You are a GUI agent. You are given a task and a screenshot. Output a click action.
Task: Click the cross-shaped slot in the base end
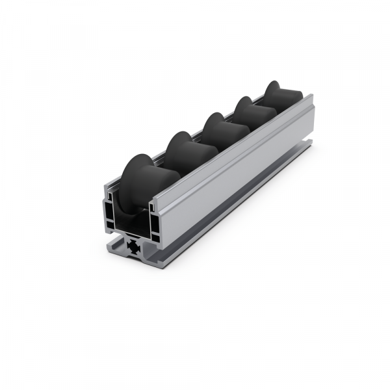[x=135, y=246]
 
